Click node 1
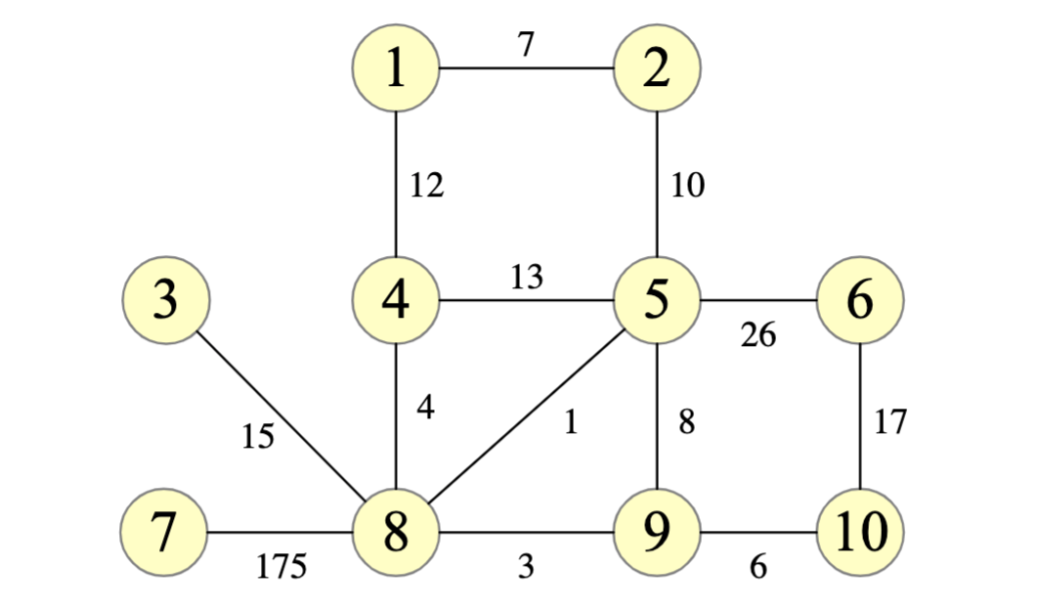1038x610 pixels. [x=396, y=69]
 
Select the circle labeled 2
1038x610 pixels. [x=657, y=69]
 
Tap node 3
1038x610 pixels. [x=167, y=300]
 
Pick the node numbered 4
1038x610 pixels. [x=396, y=300]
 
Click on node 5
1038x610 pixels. [x=657, y=300]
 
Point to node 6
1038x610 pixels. [x=860, y=300]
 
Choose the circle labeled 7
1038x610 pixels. [x=163, y=533]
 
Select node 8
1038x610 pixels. [x=396, y=533]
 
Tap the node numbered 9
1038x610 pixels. [x=657, y=533]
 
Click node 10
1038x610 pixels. [x=860, y=533]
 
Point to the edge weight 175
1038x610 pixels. [x=281, y=566]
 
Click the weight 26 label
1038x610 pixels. [x=758, y=335]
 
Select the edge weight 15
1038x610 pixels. [x=258, y=437]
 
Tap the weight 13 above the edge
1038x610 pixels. [x=527, y=278]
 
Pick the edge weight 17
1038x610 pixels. [x=890, y=422]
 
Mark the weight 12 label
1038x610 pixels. [x=427, y=186]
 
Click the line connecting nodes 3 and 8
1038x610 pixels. [x=283, y=418]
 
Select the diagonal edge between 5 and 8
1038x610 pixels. [x=528, y=415]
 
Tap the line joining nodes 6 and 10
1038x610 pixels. [x=860, y=416]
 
